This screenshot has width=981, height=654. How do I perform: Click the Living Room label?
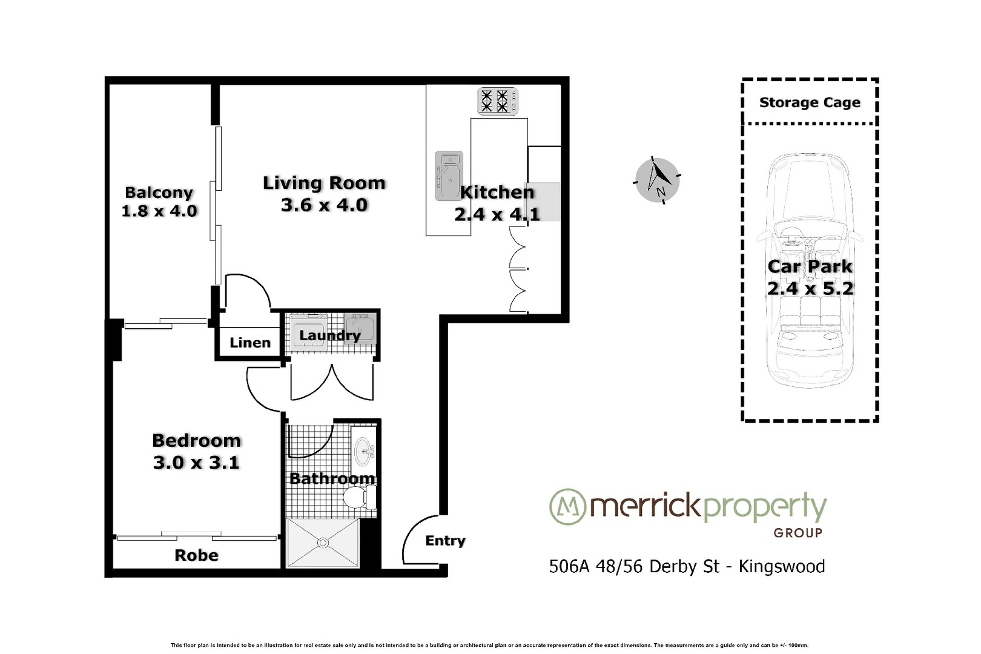coord(324,183)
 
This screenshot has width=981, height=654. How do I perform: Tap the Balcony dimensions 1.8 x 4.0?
coord(159,211)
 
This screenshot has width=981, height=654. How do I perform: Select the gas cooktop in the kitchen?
coord(498,101)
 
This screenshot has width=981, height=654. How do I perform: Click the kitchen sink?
coord(449,176)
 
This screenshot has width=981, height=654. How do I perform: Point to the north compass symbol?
coord(657,180)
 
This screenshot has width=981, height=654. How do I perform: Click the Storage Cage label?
coord(810,102)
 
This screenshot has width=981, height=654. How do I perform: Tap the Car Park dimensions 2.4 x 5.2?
coord(810,289)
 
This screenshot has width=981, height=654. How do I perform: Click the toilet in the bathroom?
coord(357,498)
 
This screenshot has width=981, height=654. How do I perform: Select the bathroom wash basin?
coord(365,451)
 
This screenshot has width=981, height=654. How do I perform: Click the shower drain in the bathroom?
coord(323,543)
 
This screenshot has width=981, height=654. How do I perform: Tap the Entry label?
coord(445,541)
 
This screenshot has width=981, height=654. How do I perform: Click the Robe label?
coord(196,555)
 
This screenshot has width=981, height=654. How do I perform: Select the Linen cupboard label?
coord(249,343)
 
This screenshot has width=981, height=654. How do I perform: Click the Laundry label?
coord(330,335)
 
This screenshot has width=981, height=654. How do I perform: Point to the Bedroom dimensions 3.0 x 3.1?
coord(196,463)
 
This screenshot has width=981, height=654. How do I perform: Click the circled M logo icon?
coord(567,506)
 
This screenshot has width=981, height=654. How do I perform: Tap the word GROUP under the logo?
coord(798,533)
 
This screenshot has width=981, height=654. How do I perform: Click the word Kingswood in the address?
coord(781,567)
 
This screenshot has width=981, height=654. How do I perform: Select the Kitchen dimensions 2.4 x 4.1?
coord(497,214)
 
